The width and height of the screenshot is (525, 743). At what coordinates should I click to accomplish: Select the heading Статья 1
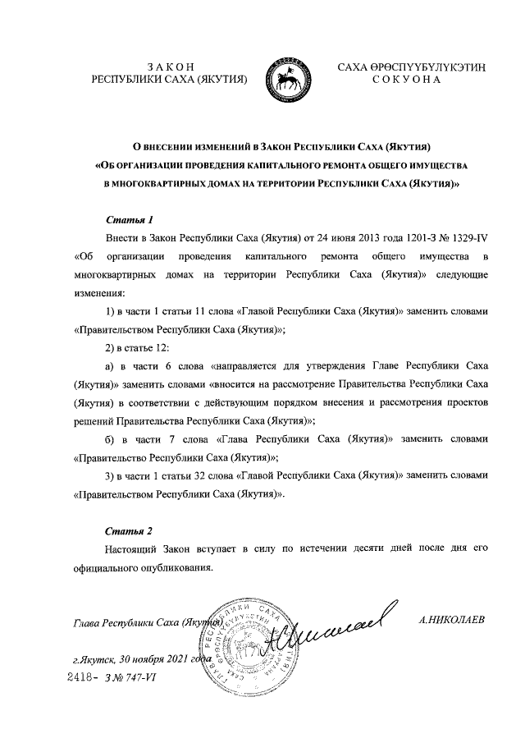tap(130, 220)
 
